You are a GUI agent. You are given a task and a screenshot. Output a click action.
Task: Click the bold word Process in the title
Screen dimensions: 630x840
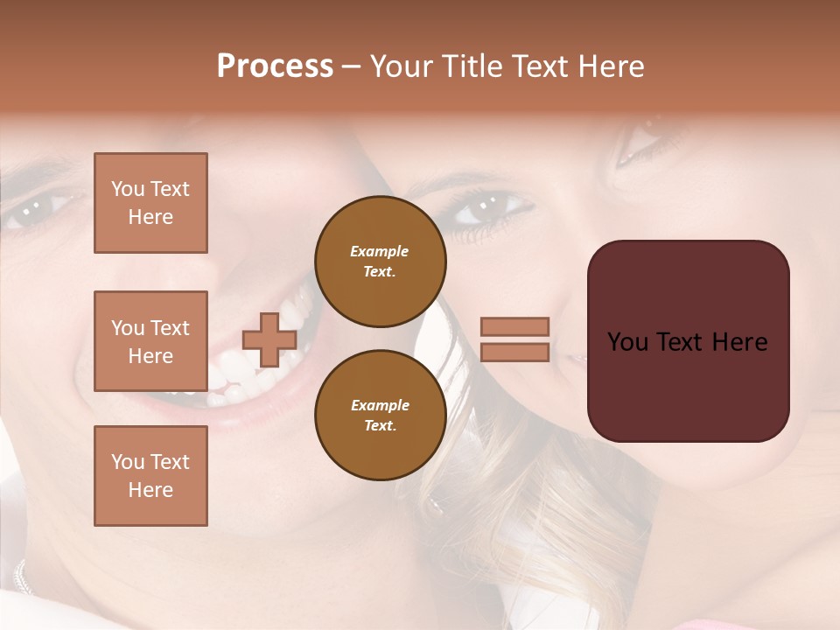coord(275,66)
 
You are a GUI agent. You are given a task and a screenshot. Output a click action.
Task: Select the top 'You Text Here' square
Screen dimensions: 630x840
coord(150,203)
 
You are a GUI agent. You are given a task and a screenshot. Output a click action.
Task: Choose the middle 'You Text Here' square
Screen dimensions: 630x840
coord(150,341)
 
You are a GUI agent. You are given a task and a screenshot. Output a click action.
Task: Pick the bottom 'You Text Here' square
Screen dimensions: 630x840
coord(150,476)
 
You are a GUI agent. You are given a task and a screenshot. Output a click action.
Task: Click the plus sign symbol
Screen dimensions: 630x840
coord(269,339)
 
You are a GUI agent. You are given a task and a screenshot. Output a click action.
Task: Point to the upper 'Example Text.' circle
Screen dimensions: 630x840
coord(380,261)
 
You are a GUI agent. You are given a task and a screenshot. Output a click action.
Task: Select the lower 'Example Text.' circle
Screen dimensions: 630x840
coord(380,415)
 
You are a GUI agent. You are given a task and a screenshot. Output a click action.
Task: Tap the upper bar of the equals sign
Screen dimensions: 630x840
coord(515,326)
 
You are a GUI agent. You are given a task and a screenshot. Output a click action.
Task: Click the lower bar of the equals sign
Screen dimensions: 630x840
coord(515,352)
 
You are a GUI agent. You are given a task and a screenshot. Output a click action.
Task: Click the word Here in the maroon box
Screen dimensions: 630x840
coord(739,342)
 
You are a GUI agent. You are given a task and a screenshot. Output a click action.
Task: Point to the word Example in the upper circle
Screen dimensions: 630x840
coord(380,251)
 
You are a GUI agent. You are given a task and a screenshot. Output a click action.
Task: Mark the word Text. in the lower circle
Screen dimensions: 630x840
coord(380,425)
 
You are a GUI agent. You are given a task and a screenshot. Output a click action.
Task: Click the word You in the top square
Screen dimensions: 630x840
coord(127,189)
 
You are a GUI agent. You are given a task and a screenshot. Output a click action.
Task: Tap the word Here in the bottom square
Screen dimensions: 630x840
coord(150,490)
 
